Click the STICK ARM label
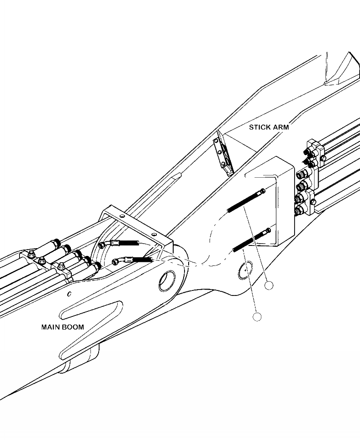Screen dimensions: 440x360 (269, 127)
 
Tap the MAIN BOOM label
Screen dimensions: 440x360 (63, 327)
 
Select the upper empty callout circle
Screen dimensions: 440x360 (270, 285)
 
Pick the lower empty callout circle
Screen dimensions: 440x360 (257, 317)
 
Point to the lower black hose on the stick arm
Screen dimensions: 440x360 (250, 241)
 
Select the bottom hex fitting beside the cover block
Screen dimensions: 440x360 (300, 210)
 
